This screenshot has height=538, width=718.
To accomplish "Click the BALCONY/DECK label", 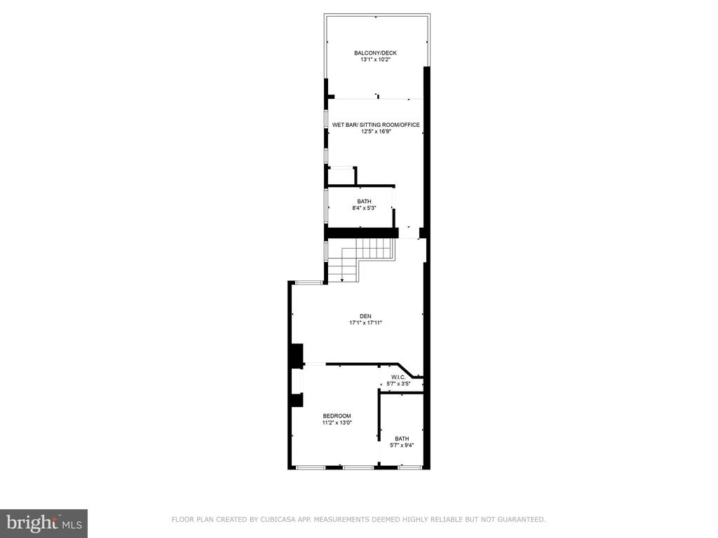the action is pyautogui.click(x=376, y=53).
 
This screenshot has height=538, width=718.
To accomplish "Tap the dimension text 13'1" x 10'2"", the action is pyautogui.click(x=376, y=60).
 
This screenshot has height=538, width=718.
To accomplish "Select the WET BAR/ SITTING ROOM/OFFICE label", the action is pyautogui.click(x=376, y=125).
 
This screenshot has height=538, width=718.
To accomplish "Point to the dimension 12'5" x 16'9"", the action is pyautogui.click(x=376, y=132).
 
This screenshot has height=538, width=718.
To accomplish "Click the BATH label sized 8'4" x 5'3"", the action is pyautogui.click(x=365, y=201).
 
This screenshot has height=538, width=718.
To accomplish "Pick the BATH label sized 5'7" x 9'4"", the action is pyautogui.click(x=402, y=439).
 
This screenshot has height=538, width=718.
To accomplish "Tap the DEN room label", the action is pyautogui.click(x=365, y=316).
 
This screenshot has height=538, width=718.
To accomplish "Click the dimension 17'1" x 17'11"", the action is pyautogui.click(x=365, y=323).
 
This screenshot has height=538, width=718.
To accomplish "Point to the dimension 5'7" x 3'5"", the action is pyautogui.click(x=398, y=384).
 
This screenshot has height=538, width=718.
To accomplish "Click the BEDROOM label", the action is pyautogui.click(x=337, y=416).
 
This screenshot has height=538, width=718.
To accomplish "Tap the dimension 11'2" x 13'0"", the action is pyautogui.click(x=337, y=422).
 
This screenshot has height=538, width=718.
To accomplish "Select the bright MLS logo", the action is pyautogui.click(x=44, y=523).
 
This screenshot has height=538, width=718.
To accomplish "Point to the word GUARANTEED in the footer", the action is pyautogui.click(x=522, y=520).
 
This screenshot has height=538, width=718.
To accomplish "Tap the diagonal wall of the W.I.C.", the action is pyautogui.click(x=406, y=371).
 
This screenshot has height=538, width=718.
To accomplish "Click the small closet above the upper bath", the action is pyautogui.click(x=342, y=176).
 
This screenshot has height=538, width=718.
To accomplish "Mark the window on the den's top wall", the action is pyautogui.click(x=309, y=283).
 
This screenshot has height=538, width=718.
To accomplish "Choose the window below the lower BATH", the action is pyautogui.click(x=409, y=467).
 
